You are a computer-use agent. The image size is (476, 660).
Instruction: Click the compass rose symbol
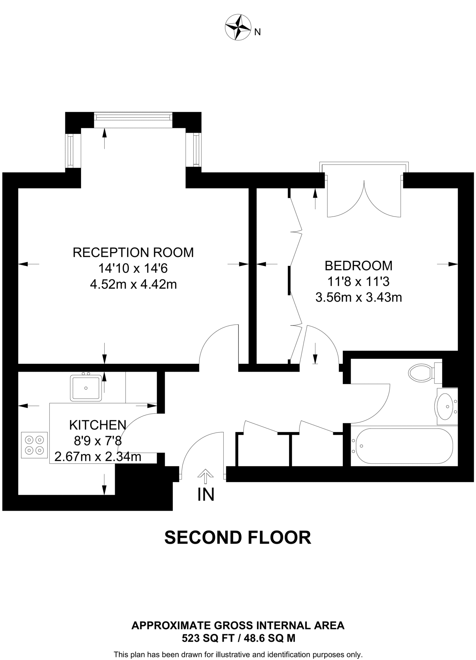(x=238, y=28)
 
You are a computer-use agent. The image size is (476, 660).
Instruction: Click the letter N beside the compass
(x=257, y=32)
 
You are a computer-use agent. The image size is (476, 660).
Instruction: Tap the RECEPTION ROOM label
(x=133, y=252)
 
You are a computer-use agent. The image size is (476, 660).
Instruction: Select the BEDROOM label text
(x=358, y=266)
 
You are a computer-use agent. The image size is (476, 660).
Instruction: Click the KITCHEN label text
(x=98, y=425)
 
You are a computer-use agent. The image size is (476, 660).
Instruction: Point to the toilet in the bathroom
(x=422, y=373)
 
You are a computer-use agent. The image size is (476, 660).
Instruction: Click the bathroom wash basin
(x=445, y=406)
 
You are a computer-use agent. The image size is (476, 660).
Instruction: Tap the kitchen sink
(x=86, y=388)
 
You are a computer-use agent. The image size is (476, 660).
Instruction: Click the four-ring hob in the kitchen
(x=34, y=445)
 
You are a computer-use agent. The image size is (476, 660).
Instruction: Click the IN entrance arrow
(x=205, y=476)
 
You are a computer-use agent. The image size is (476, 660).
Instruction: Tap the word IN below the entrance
(x=206, y=494)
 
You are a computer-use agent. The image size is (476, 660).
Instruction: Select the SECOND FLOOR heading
(x=238, y=538)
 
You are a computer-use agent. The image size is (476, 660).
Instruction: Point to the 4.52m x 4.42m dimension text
(x=133, y=285)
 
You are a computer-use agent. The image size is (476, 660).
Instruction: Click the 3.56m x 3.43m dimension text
(x=358, y=297)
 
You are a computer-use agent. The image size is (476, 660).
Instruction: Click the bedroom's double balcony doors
(x=364, y=200)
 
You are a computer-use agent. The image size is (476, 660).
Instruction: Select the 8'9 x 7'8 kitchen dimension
(x=98, y=441)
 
